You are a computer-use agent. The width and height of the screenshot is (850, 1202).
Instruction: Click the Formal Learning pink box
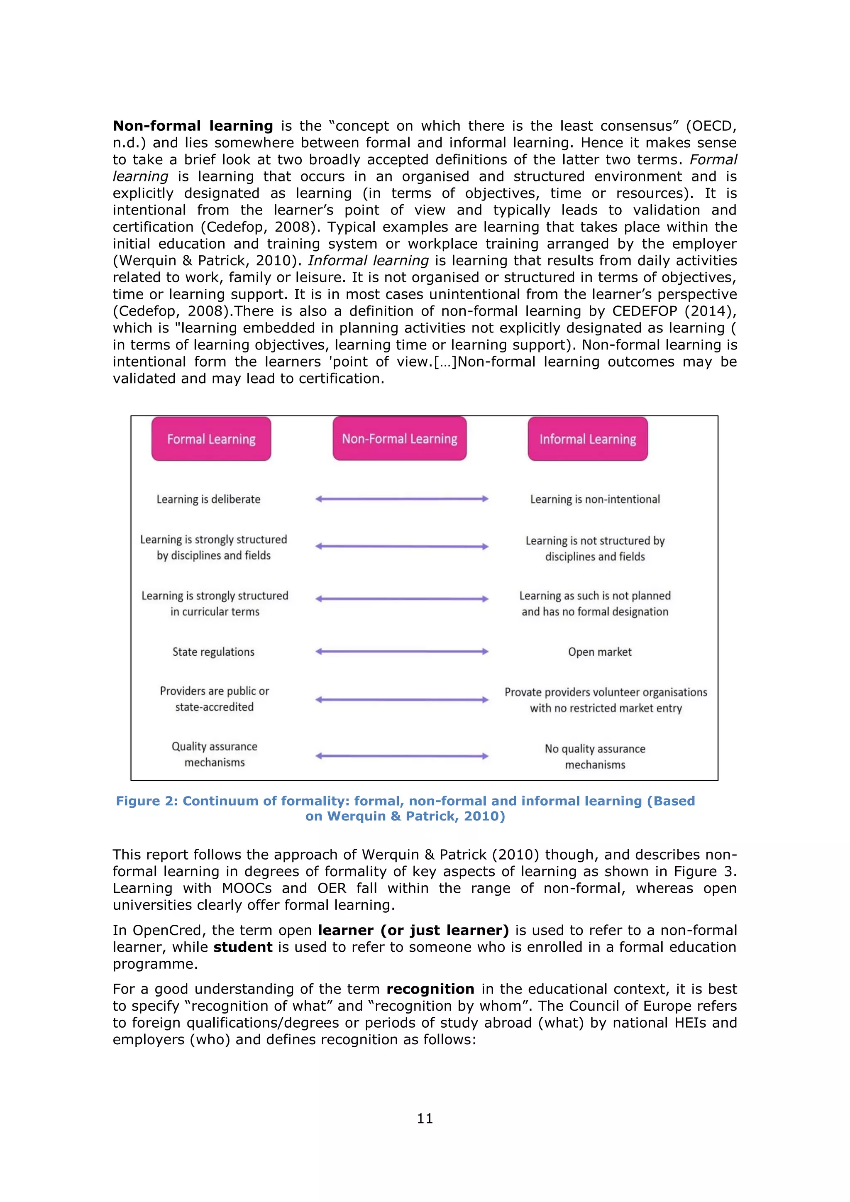pyautogui.click(x=211, y=439)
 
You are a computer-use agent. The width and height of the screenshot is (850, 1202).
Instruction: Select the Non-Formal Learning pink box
pyautogui.click(x=399, y=438)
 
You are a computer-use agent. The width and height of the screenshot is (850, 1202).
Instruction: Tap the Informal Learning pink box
pyautogui.click(x=587, y=439)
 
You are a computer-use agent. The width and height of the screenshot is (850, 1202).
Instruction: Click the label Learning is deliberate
pyautogui.click(x=208, y=499)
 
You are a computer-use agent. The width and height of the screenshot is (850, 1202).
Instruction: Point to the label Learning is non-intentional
pyautogui.click(x=595, y=499)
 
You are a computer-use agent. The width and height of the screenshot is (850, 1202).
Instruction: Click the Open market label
pyautogui.click(x=599, y=652)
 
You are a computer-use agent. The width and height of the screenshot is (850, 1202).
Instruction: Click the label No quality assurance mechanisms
pyautogui.click(x=595, y=757)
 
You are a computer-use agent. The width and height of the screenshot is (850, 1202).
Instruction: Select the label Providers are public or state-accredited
pyautogui.click(x=214, y=699)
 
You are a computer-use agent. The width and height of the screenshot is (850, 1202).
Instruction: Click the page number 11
pyautogui.click(x=425, y=1119)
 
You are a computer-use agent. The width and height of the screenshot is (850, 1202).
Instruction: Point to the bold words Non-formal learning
pyautogui.click(x=193, y=126)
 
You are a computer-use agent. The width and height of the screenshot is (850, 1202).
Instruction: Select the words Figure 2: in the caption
pyautogui.click(x=147, y=801)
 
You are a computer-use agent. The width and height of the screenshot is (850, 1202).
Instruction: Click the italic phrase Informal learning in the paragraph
pyautogui.click(x=368, y=261)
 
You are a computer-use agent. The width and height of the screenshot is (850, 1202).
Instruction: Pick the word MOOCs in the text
pyautogui.click(x=247, y=888)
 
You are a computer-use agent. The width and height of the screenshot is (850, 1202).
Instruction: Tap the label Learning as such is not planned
pyautogui.click(x=595, y=596)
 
